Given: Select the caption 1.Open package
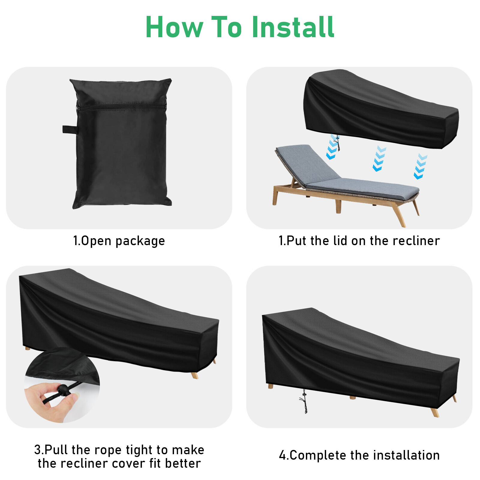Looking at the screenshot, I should [x=119, y=241].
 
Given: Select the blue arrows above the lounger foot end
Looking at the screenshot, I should [x=420, y=167].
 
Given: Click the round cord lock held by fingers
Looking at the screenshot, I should [x=63, y=390].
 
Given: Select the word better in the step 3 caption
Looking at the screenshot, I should [x=183, y=463].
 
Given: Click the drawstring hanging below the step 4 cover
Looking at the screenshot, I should [x=305, y=401].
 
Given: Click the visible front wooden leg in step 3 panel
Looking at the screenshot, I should [x=195, y=375].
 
